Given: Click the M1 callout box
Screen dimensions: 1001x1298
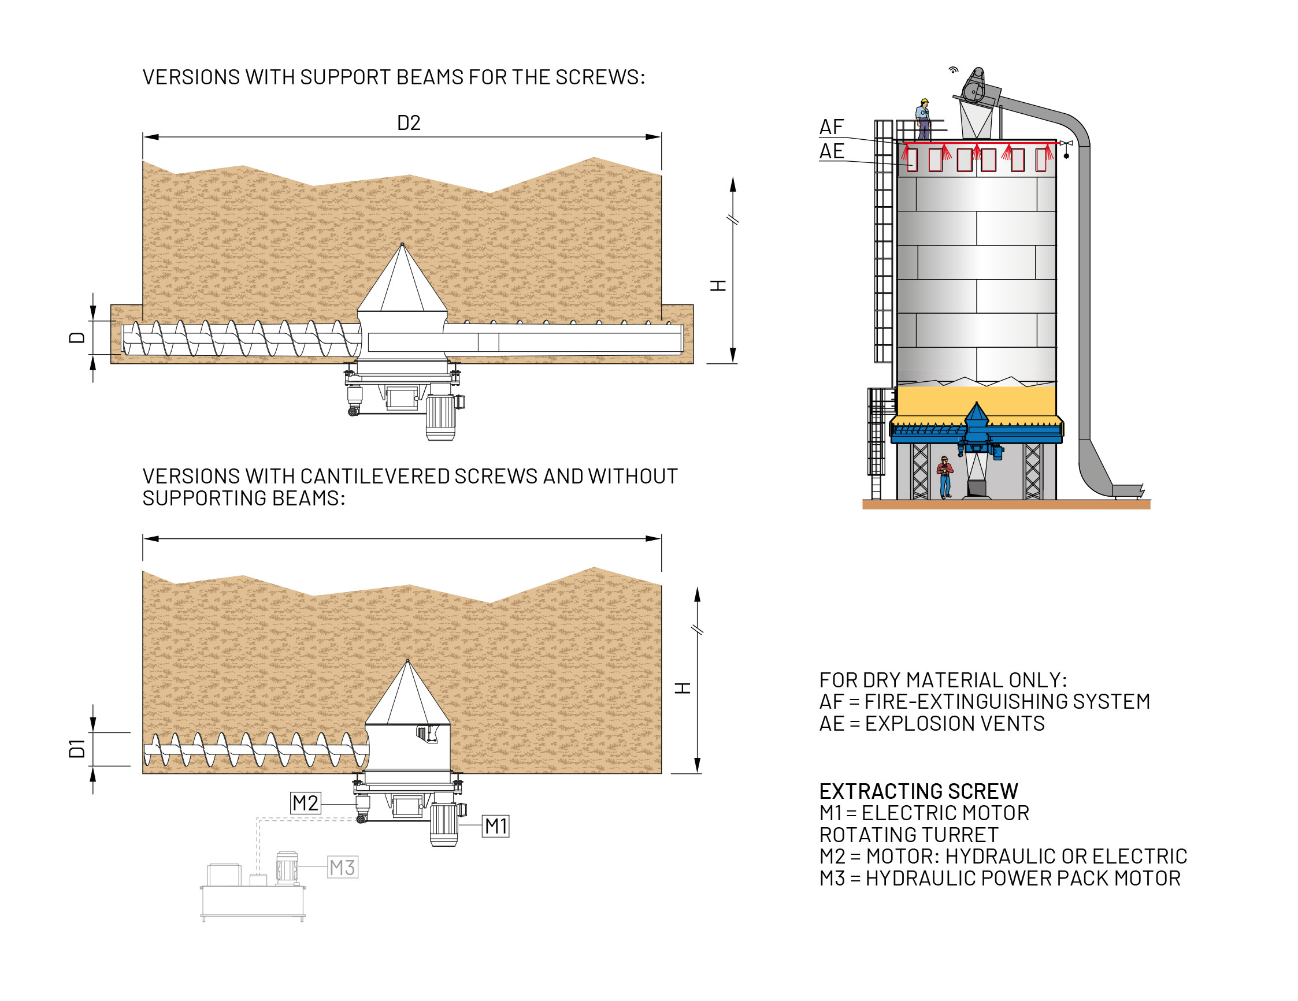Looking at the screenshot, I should pos(496,826).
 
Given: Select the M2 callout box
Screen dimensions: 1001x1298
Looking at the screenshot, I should pos(306,803).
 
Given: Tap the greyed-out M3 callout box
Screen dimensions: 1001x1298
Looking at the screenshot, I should pos(342,868).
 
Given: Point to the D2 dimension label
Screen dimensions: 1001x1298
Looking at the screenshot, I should pos(409,123).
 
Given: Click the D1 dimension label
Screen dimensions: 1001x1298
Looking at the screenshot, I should pos(77,749).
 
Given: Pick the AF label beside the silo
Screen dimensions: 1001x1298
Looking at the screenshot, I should pos(832,126).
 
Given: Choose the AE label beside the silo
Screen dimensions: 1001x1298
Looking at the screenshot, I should pos(832,151).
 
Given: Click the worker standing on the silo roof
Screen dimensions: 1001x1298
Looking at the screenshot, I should pos(923,119).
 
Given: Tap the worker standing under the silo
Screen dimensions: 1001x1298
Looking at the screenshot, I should pos(944,477).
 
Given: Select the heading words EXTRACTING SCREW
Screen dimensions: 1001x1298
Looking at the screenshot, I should pos(919,791).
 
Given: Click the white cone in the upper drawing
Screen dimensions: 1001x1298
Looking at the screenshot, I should pos(402,282).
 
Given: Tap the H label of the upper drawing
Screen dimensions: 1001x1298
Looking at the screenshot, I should pos(718,286).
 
